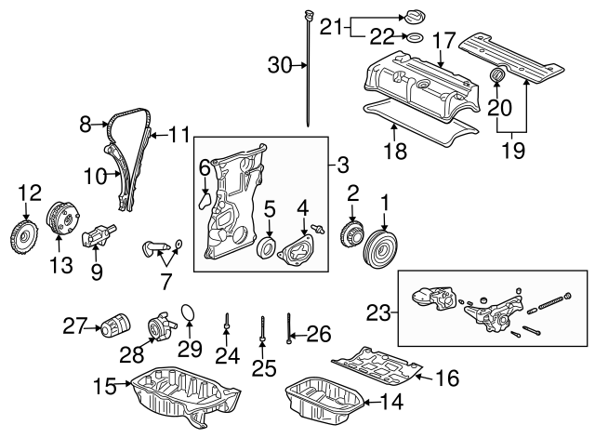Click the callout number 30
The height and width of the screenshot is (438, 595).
[x=279, y=64]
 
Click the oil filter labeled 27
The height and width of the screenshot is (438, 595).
[x=115, y=328]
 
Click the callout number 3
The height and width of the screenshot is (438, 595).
[x=342, y=166]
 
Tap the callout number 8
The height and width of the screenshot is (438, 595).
[x=86, y=122]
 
